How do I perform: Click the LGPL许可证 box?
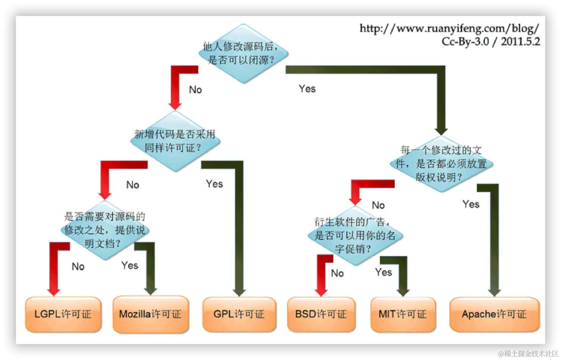pos(63,314)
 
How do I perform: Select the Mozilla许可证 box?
pos(150,314)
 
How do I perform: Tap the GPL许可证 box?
pos(239,314)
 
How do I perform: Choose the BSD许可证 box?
pos(321,314)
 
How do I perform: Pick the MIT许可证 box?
pos(403,314)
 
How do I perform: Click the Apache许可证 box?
pos(494,314)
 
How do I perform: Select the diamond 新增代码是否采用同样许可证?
pos(175,141)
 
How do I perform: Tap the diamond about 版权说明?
pos(441,164)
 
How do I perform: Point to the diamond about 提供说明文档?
pos(105,230)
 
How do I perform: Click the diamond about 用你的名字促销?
pos(355,235)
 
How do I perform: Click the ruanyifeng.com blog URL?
pos(449,28)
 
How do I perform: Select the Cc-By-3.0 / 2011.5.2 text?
pos(491,42)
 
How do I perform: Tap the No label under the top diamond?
pos(195,90)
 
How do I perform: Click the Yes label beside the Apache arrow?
pos(471,204)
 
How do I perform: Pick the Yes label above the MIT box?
pos(383,272)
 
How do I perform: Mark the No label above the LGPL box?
pos(78,266)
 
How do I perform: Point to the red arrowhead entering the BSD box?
pos(321,291)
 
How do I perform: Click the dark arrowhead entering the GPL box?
pos(239,292)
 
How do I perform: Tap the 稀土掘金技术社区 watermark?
pos(527,353)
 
